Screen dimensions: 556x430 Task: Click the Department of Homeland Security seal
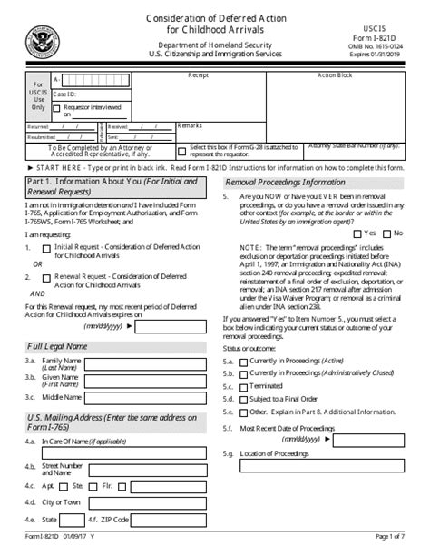[42, 40]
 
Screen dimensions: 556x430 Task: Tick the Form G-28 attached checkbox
[182, 152]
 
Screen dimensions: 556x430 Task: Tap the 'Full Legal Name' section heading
[56, 347]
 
